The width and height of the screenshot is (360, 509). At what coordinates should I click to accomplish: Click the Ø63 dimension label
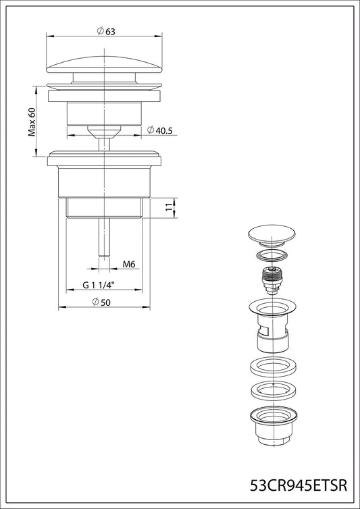point(106,31)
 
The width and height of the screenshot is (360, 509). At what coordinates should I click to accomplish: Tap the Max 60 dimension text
point(32,122)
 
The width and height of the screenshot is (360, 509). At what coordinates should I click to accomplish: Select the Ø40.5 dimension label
point(159,130)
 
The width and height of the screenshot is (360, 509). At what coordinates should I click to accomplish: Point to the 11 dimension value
point(168,207)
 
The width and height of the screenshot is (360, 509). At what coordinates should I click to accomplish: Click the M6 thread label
point(128,264)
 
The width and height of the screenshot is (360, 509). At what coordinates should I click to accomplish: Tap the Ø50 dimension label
point(101,302)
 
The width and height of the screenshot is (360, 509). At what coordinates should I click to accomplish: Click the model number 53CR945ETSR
point(299,485)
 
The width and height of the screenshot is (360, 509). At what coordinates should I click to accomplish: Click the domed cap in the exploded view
point(272,236)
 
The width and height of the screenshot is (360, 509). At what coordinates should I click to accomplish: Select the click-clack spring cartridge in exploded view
point(272,280)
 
